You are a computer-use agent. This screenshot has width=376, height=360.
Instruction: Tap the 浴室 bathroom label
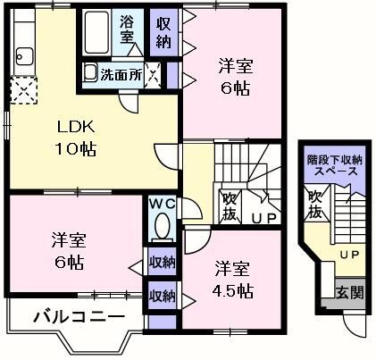coord(127,29)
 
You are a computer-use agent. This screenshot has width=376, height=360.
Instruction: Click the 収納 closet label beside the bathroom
coord(164,31)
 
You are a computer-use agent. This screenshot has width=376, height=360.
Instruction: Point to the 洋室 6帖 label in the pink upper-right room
coord(237,76)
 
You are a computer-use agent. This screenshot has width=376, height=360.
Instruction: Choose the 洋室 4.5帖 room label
coord(237,279)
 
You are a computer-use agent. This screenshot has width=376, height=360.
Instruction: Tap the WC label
coord(161,205)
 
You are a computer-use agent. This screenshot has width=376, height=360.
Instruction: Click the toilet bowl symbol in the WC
coord(162,229)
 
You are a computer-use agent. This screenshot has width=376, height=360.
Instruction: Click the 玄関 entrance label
coord(348,291)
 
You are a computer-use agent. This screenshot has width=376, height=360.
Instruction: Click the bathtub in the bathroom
coord(93,37)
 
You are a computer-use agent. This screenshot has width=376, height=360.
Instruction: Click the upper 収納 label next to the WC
coord(162,262)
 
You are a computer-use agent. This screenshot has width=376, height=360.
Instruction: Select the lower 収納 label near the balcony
coord(162,295)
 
